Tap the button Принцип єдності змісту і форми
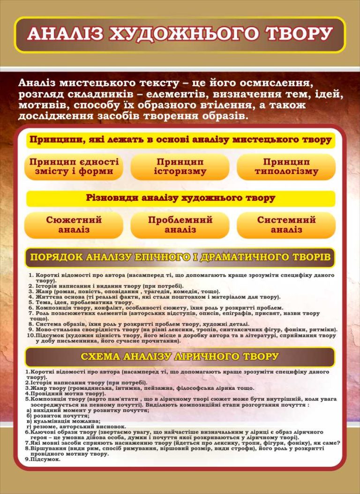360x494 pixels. click(x=74, y=167)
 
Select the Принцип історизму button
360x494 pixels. click(x=180, y=167)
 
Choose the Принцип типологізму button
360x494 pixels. click(x=286, y=167)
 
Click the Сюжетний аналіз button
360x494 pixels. click(x=74, y=225)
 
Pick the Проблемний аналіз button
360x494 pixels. click(x=180, y=225)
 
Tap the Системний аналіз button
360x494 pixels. click(x=286, y=225)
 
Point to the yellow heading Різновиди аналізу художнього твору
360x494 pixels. click(x=180, y=198)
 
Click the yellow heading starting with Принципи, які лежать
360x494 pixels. click(x=180, y=140)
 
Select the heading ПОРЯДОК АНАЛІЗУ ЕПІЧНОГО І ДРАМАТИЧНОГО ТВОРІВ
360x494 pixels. click(x=180, y=257)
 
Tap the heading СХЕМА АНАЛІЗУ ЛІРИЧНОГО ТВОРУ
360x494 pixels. click(x=180, y=357)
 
